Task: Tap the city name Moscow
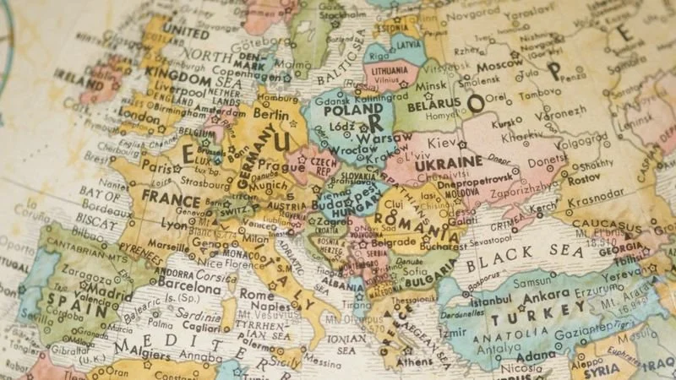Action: (499, 64)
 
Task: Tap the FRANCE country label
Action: (171, 198)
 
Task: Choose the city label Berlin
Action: (270, 114)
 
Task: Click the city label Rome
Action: (257, 296)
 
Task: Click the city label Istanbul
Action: (492, 301)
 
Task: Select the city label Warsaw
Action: (373, 137)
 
